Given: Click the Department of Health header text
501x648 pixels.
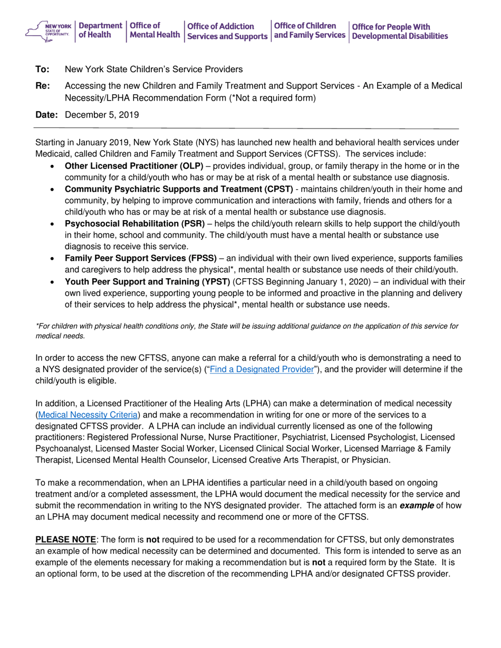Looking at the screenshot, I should coord(100,30).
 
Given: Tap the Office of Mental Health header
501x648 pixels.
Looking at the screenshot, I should coord(154,31).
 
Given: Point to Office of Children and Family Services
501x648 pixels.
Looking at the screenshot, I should coord(310,30).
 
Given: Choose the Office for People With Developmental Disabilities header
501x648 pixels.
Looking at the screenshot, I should coord(399,31).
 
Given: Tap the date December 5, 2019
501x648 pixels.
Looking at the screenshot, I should coord(101,115).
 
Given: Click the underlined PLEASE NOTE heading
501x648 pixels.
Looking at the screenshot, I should coord(65,540).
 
